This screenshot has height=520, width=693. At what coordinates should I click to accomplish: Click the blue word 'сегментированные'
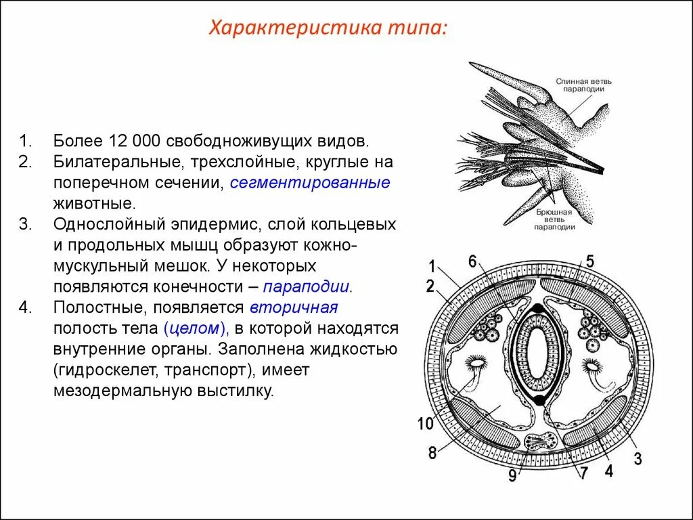pos(310,182)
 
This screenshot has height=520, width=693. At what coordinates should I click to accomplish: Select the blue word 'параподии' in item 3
pos(308,286)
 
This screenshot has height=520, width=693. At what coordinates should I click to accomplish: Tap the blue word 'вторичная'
pos(294,307)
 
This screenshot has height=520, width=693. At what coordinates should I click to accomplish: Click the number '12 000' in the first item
pos(133,141)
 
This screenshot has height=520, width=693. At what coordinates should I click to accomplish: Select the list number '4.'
pos(25,307)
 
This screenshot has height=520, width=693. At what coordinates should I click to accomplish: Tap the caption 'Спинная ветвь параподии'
pos(579,85)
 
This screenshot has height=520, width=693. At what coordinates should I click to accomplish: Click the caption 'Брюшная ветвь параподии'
pos(554,219)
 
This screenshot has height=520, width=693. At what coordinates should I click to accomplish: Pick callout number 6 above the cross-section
pos(472,261)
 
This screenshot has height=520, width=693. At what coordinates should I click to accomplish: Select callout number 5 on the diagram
pos(589,261)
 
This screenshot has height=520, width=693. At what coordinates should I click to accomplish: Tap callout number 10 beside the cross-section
pos(425,425)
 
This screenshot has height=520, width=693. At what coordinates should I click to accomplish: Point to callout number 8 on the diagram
pos(432,453)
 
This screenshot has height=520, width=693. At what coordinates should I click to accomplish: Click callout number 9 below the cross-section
pos(512,476)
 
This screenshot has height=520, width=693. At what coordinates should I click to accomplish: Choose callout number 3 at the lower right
pos(637,459)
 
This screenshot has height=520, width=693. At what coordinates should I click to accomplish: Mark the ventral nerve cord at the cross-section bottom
pos(540,443)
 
